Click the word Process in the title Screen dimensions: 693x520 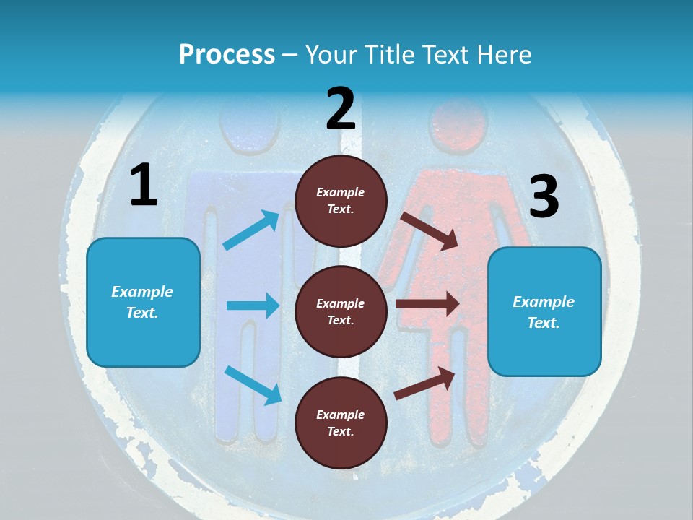pyautogui.click(x=227, y=54)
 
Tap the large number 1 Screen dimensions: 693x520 pyautogui.click(x=144, y=186)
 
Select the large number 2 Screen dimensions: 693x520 pyautogui.click(x=341, y=109)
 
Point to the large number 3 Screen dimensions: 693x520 pyautogui.click(x=544, y=197)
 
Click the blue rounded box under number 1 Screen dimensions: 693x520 pyautogui.click(x=143, y=302)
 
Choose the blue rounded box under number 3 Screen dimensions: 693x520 pyautogui.click(x=544, y=311)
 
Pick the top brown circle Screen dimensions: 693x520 pyautogui.click(x=341, y=200)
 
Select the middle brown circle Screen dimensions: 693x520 pyautogui.click(x=341, y=311)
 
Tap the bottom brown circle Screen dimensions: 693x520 pyautogui.click(x=341, y=422)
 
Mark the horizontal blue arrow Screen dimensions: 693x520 pyautogui.click(x=253, y=305)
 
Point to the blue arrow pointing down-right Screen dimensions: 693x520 pyautogui.click(x=253, y=385)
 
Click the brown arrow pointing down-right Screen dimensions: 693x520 pyautogui.click(x=430, y=230)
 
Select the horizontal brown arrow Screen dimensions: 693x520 pyautogui.click(x=427, y=304)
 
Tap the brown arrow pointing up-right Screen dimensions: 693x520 pyautogui.click(x=425, y=383)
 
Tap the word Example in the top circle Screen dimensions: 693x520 pyautogui.click(x=341, y=192)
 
